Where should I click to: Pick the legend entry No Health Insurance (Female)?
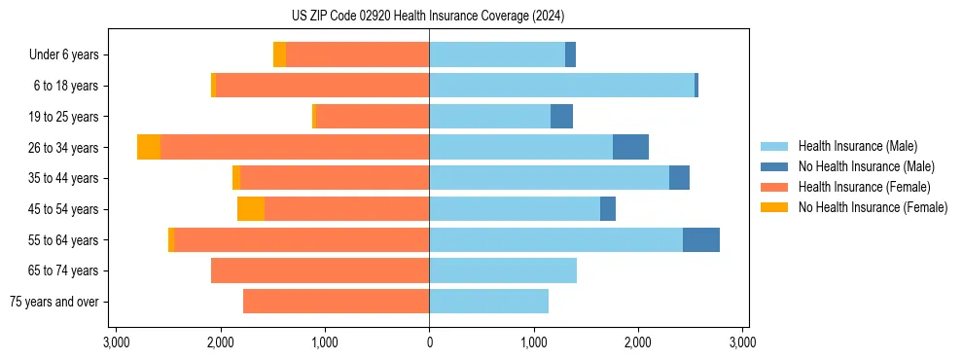pyautogui.click(x=873, y=207)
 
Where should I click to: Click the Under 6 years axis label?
pyautogui.click(x=63, y=55)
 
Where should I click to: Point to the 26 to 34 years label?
pyautogui.click(x=65, y=148)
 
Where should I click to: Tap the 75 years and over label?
pyautogui.click(x=54, y=302)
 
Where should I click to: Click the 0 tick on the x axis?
pyautogui.click(x=429, y=342)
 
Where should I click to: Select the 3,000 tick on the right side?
pyautogui.click(x=742, y=342)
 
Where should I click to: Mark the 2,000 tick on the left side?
pyautogui.click(x=220, y=342)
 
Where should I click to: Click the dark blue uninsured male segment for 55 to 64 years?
pyautogui.click(x=701, y=240)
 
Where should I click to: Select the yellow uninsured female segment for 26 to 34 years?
pyautogui.click(x=149, y=148)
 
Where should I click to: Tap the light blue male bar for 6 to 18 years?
pyautogui.click(x=561, y=86)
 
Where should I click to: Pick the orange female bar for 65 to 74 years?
pyautogui.click(x=320, y=270)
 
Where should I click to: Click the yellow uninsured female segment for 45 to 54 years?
pyautogui.click(x=251, y=209)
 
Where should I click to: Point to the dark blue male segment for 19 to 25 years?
pyautogui.click(x=561, y=117)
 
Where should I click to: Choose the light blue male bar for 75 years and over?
pyautogui.click(x=488, y=302)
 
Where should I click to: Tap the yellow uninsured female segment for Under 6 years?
pyautogui.click(x=279, y=55)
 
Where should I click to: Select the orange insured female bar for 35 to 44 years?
pyautogui.click(x=335, y=178)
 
